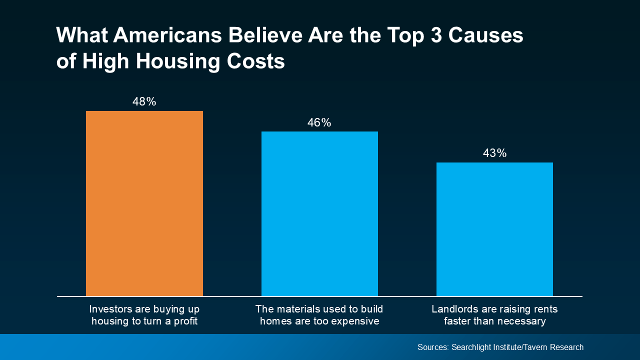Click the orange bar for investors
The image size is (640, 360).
coord(144,203)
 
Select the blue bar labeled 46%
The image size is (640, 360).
coord(319,214)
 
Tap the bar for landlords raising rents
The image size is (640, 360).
coord(494,229)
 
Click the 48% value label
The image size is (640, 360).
coord(144,102)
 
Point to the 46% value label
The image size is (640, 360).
coord(319,123)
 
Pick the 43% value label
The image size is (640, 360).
coord(494,153)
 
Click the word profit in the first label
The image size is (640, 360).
coord(185,321)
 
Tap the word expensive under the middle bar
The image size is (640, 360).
coord(356,321)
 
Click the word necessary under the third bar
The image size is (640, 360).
coord(521,321)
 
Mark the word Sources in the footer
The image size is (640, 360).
coord(433,347)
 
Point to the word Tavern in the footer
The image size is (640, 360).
coord(537,347)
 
